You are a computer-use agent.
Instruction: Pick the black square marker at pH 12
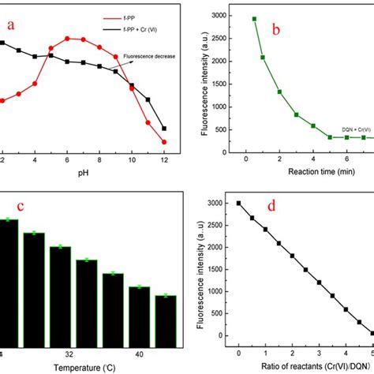164,128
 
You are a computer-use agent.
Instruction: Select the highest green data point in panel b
254,19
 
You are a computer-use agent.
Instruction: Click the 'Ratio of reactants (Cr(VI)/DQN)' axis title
297,367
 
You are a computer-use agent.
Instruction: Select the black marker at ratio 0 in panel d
238,203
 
